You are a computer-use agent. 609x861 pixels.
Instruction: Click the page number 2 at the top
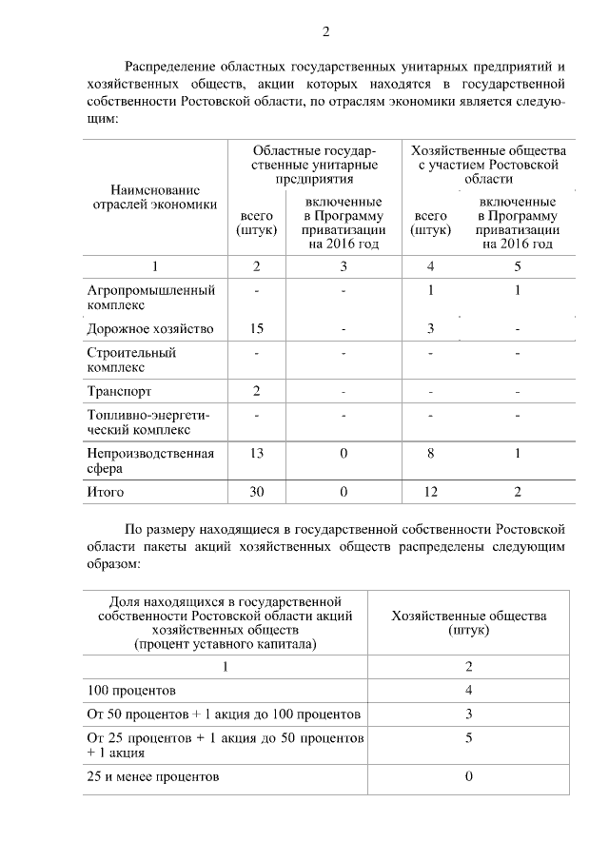tap(325, 32)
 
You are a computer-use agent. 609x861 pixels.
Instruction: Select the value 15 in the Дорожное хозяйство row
tap(256, 329)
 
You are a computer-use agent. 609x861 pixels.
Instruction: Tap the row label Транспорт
tap(118, 391)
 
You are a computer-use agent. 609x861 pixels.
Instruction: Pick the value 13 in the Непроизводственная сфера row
tap(256, 454)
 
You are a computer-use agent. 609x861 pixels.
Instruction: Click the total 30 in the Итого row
tap(256, 492)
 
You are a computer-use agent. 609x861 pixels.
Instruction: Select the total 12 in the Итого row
tap(430, 492)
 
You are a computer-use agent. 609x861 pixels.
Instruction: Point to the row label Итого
tap(106, 492)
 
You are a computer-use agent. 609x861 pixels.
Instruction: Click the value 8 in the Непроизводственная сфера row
tap(430, 454)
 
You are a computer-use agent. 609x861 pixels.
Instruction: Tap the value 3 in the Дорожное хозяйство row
tap(430, 329)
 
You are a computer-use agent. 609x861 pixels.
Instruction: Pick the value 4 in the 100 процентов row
tap(469, 689)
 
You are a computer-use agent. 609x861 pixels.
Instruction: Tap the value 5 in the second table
tap(469, 736)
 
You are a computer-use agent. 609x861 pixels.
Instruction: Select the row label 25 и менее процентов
tap(152, 776)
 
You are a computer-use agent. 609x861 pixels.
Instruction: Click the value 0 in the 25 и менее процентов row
tap(469, 776)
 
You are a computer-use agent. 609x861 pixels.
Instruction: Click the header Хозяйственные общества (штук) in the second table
tap(469, 623)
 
